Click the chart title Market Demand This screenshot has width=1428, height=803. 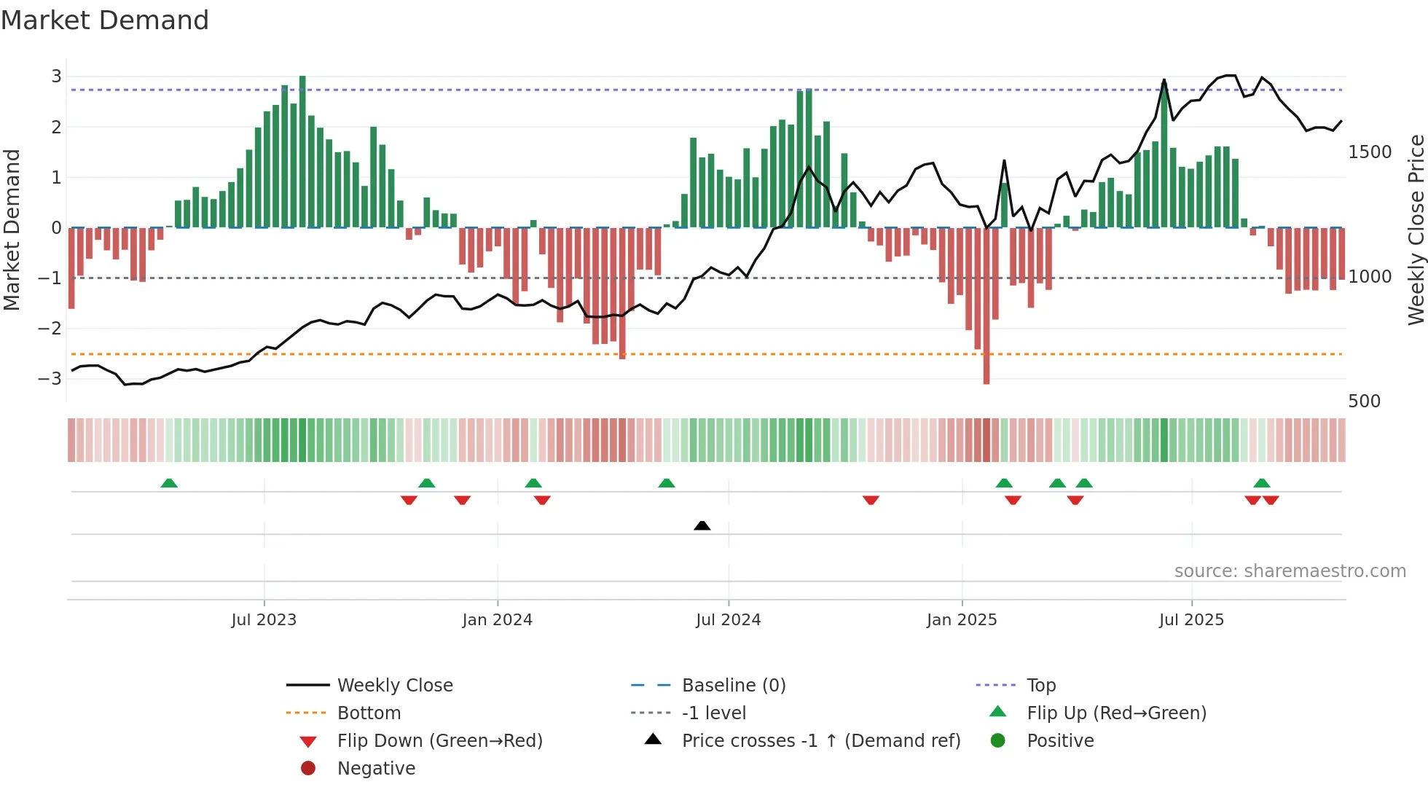(105, 20)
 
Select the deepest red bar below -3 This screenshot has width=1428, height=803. (986, 306)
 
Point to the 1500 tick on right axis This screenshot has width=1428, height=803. (1370, 152)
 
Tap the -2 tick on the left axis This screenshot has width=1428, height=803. (50, 329)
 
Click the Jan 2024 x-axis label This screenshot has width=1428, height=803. (497, 620)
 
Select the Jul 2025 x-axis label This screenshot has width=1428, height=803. (1191, 620)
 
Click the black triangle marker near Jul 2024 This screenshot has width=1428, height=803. (702, 525)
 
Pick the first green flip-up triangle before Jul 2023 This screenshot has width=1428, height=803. (169, 483)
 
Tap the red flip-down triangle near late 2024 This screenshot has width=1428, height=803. (871, 500)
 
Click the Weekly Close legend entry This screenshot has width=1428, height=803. (394, 686)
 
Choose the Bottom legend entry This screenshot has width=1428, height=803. (369, 713)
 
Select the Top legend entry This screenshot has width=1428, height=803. (1041, 686)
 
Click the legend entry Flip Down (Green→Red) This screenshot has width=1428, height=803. (439, 741)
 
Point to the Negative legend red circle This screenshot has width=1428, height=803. (308, 769)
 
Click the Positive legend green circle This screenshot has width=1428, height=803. (998, 741)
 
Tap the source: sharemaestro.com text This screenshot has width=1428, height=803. (1290, 571)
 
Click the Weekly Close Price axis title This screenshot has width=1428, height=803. (1416, 230)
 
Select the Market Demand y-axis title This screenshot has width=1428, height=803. (12, 230)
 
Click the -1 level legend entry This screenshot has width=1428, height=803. (713, 713)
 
